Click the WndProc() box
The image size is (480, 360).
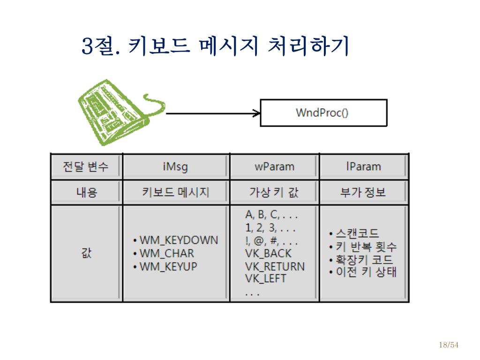pyautogui.click(x=323, y=113)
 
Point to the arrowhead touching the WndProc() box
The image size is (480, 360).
pyautogui.click(x=256, y=113)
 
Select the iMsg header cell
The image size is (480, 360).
pyautogui.click(x=175, y=166)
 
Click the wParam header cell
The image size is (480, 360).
pyautogui.click(x=274, y=166)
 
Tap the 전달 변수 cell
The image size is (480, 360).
pyautogui.click(x=86, y=166)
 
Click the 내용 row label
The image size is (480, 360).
pyautogui.click(x=86, y=192)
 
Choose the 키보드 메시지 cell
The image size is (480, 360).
pyautogui.click(x=175, y=192)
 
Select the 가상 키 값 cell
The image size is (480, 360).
pyautogui.click(x=274, y=192)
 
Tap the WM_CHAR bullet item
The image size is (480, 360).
pyautogui.click(x=166, y=254)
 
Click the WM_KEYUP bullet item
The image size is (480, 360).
pyautogui.click(x=168, y=267)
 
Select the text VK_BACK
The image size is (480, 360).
pyautogui.click(x=268, y=254)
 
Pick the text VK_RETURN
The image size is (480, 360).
pyautogui.click(x=275, y=266)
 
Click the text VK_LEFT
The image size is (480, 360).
pyautogui.click(x=265, y=278)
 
